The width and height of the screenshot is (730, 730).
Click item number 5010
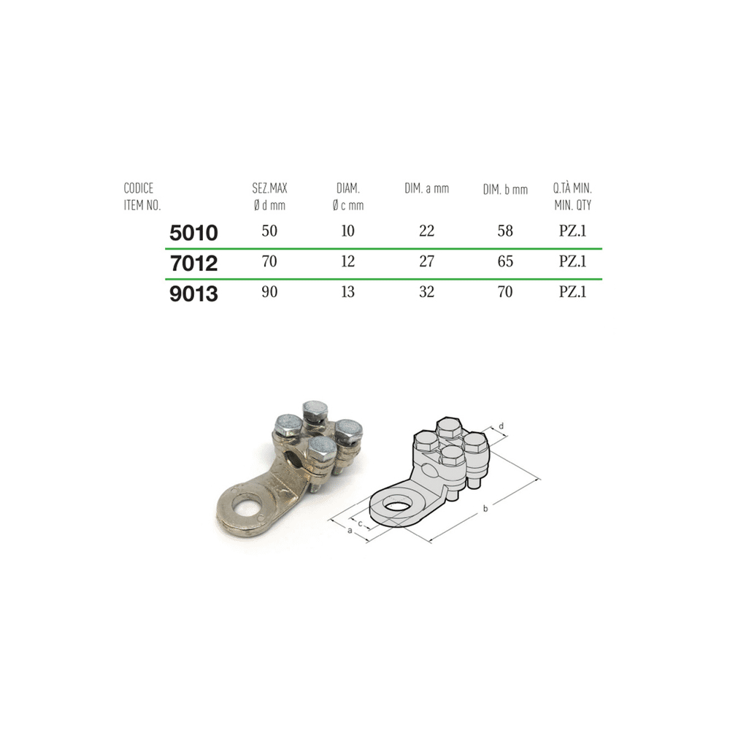[193, 233]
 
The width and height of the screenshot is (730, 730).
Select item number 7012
[193, 263]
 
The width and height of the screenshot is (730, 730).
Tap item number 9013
[193, 293]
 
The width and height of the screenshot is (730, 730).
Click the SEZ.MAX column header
[269, 196]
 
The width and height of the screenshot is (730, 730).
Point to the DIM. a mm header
[426, 188]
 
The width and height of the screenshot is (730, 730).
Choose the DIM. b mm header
[505, 190]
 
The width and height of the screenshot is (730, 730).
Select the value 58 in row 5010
[505, 231]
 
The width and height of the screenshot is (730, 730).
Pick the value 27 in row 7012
[426, 261]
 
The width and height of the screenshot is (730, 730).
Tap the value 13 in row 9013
[347, 291]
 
